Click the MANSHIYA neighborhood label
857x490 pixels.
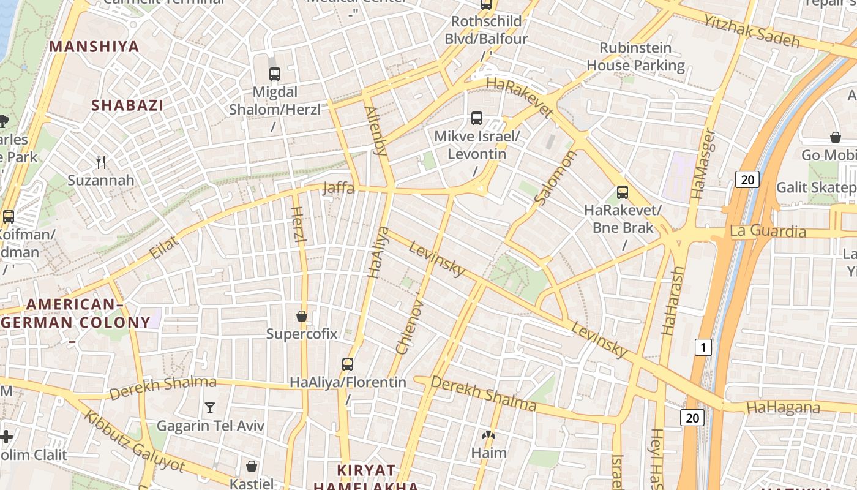94,47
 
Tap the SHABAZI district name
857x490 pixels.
127,105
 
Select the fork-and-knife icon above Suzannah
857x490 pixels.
101,162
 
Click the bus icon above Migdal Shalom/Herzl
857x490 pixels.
275,74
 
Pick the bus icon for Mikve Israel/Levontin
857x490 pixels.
477,118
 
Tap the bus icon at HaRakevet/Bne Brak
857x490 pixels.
623,192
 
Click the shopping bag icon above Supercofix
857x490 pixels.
301,316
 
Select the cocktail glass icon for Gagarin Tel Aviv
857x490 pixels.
210,407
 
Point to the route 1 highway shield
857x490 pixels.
703,348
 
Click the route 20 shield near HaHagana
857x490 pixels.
692,418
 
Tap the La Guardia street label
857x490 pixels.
768,232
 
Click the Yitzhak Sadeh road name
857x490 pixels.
752,31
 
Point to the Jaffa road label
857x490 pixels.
339,188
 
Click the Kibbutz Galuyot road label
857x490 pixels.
134,441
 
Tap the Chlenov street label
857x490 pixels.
410,323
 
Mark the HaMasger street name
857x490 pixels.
702,164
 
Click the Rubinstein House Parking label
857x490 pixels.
635,56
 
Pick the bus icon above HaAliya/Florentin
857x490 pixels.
348,364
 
